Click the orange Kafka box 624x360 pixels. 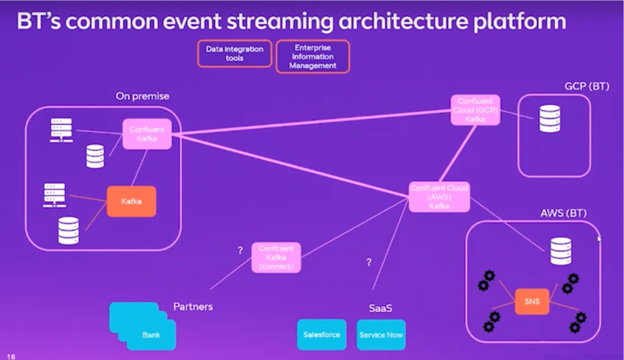[x=131, y=201]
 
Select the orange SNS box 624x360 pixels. [x=532, y=301]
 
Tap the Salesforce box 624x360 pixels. [x=321, y=334]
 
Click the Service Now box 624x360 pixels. [x=381, y=335]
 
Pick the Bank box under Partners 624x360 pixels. [x=151, y=335]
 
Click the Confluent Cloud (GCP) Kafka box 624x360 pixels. [x=475, y=110]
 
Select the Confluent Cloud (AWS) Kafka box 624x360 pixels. [x=439, y=197]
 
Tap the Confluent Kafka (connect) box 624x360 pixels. [x=276, y=257]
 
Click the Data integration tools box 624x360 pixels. [x=234, y=53]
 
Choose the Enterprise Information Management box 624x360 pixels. [x=313, y=57]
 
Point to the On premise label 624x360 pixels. [x=143, y=96]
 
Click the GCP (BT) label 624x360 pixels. [x=586, y=86]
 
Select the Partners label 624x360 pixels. [x=193, y=307]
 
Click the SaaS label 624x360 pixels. [x=380, y=308]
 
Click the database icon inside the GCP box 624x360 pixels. [x=550, y=119]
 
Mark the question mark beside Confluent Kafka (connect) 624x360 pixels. [x=240, y=250]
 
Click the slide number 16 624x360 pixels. [x=11, y=356]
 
